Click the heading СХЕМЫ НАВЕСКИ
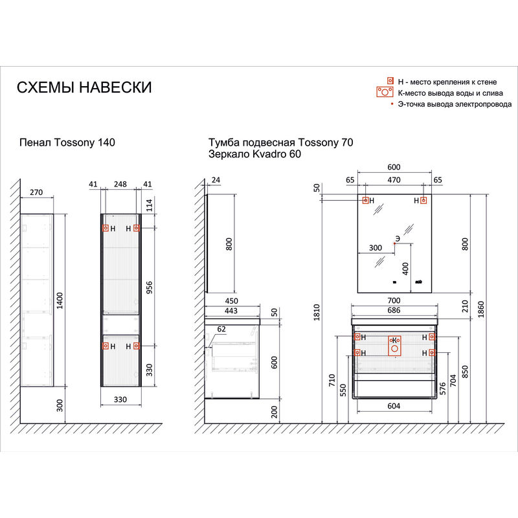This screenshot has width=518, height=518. [x=84, y=87]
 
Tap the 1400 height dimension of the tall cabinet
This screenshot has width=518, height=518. [x=60, y=300]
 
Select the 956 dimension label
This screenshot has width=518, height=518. [x=150, y=287]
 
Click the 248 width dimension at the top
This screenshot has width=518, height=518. [x=120, y=184]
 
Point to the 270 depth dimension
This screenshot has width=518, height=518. [x=36, y=192]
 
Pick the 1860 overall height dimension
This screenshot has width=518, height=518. [x=481, y=310]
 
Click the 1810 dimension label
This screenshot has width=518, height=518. [x=317, y=312]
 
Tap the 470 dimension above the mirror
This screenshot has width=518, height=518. [x=394, y=180]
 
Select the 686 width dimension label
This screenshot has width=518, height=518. [x=394, y=310]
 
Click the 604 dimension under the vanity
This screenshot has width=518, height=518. [x=394, y=406]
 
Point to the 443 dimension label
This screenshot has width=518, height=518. [x=231, y=311]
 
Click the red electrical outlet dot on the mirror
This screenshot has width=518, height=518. [x=394, y=243]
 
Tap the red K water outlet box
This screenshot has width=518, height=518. [x=394, y=346]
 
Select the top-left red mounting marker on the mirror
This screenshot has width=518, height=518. [x=365, y=200]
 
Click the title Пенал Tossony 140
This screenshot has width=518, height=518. [x=67, y=142]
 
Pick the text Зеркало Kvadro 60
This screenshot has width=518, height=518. [x=254, y=154]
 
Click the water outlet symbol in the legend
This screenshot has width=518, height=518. [x=385, y=92]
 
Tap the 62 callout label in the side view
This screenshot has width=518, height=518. [x=221, y=329]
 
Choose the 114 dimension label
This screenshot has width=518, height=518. [x=150, y=205]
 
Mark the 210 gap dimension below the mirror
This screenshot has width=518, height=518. [x=465, y=306]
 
